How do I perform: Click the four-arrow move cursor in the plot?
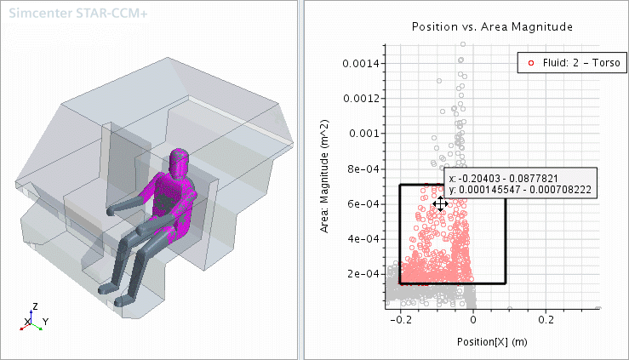coord(440,203)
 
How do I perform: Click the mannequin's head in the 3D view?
coord(180,160)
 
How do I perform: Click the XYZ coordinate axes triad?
coord(32,319)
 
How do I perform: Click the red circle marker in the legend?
coord(532,63)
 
